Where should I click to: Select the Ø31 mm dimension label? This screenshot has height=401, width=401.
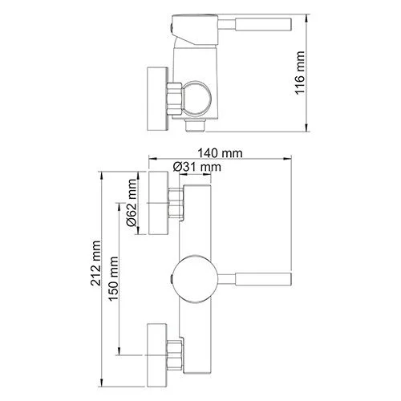coord(196,166)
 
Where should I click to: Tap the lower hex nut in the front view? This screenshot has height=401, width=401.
coord(176,353)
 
